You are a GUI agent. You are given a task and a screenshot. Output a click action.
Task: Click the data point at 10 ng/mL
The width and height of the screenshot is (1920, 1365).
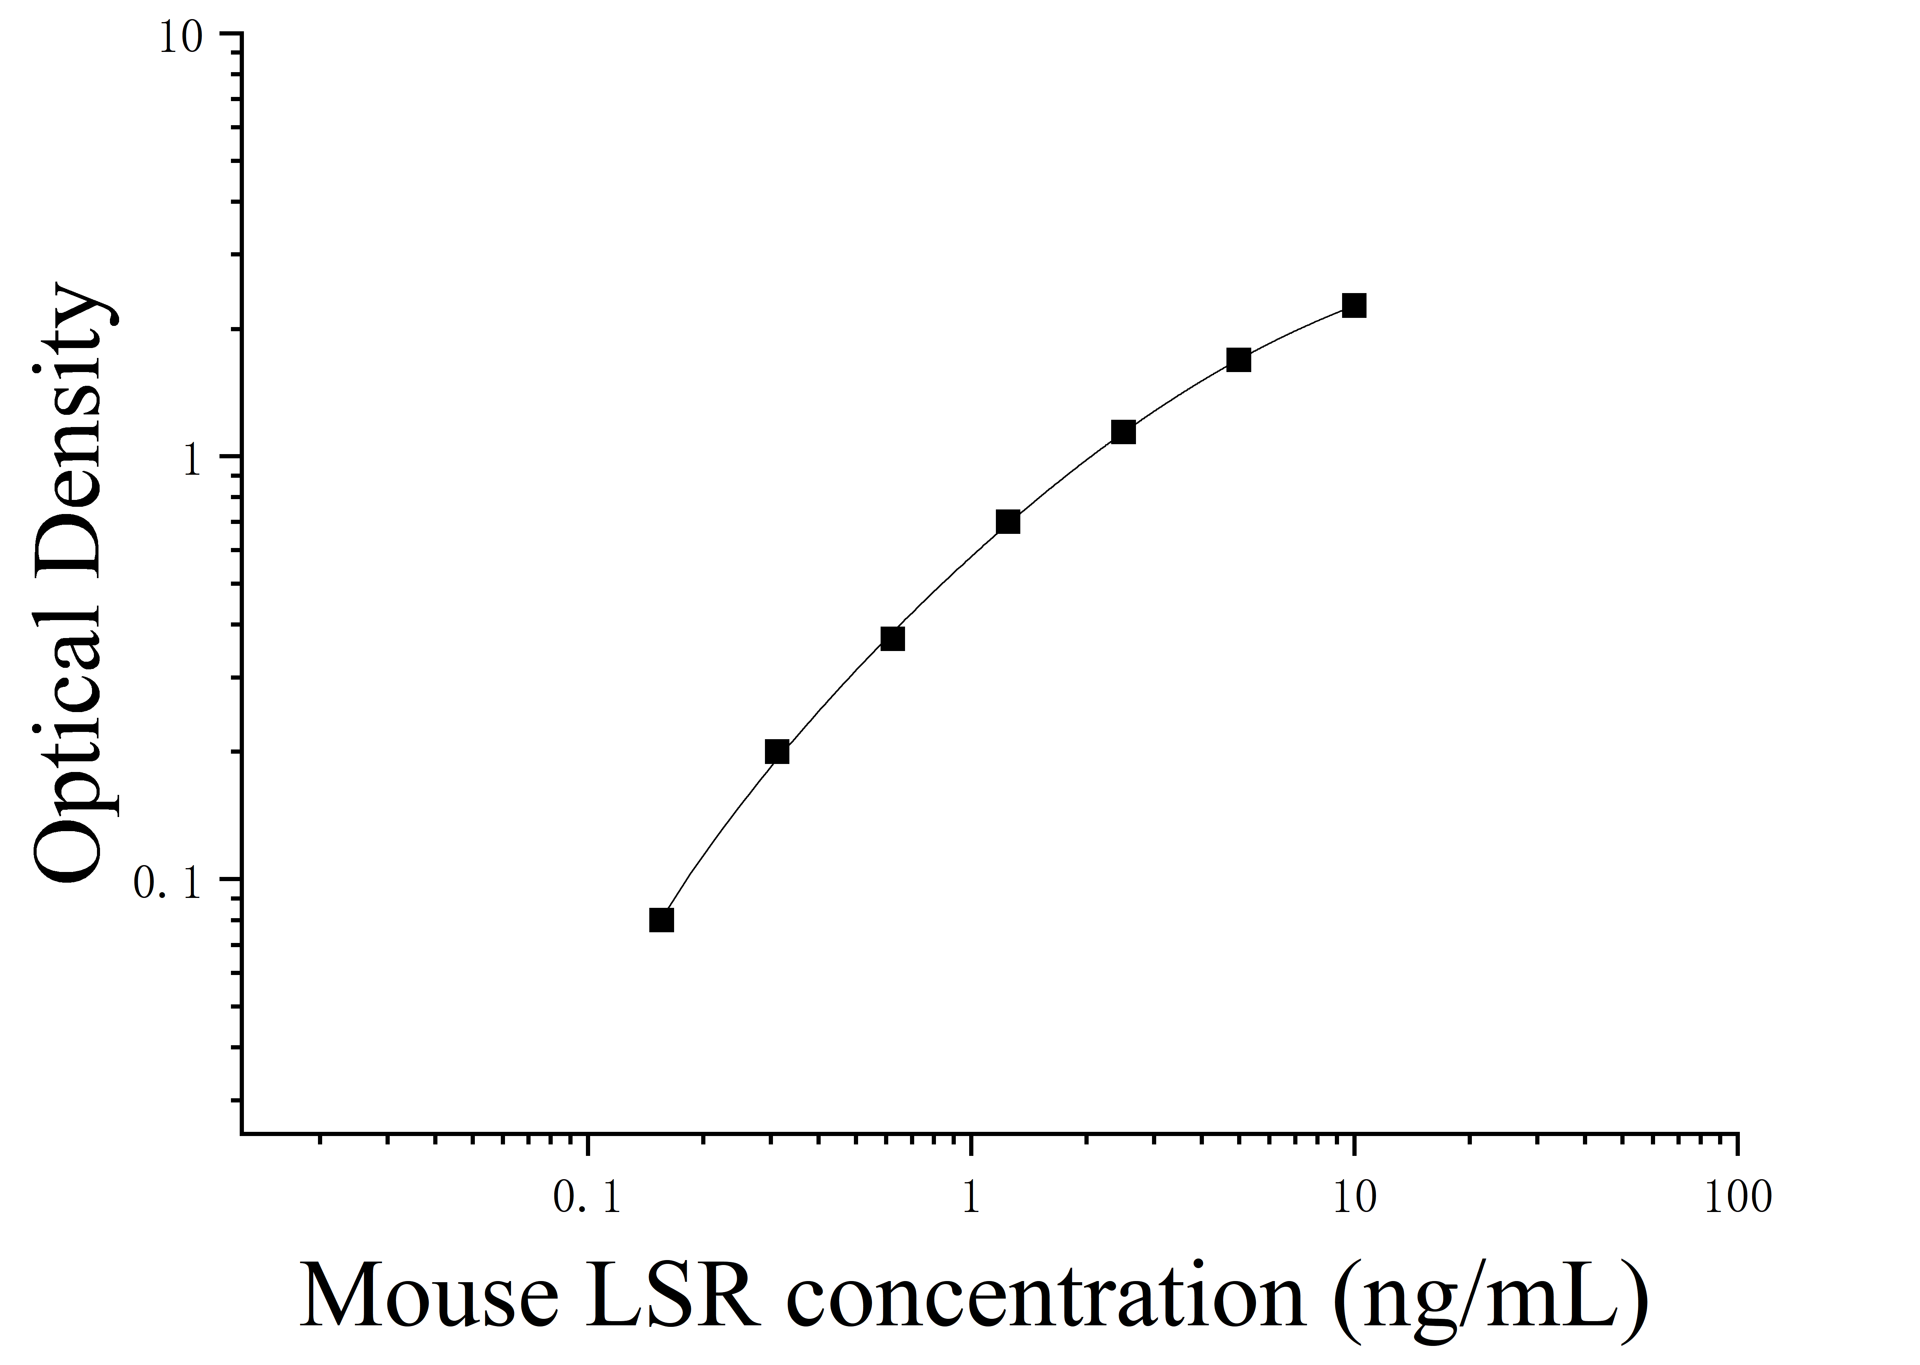pyautogui.click(x=1354, y=305)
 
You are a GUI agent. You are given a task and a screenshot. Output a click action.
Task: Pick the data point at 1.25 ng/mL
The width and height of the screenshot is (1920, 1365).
pyautogui.click(x=1008, y=522)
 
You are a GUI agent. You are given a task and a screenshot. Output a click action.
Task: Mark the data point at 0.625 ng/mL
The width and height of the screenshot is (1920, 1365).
pyautogui.click(x=893, y=639)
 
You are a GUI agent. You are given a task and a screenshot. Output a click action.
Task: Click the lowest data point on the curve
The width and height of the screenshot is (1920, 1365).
pyautogui.click(x=662, y=920)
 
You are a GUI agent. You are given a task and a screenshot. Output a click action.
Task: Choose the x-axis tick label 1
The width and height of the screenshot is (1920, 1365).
pyautogui.click(x=971, y=1198)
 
